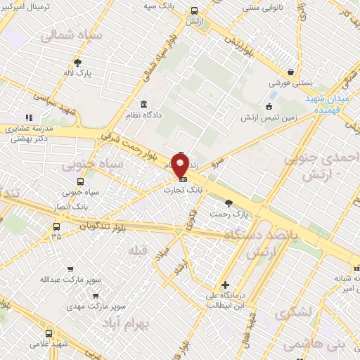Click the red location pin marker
pos(180,165)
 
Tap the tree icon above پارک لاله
pos(77,62)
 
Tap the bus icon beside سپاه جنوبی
pos(80,181)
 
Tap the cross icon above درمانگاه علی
pos(225,285)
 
